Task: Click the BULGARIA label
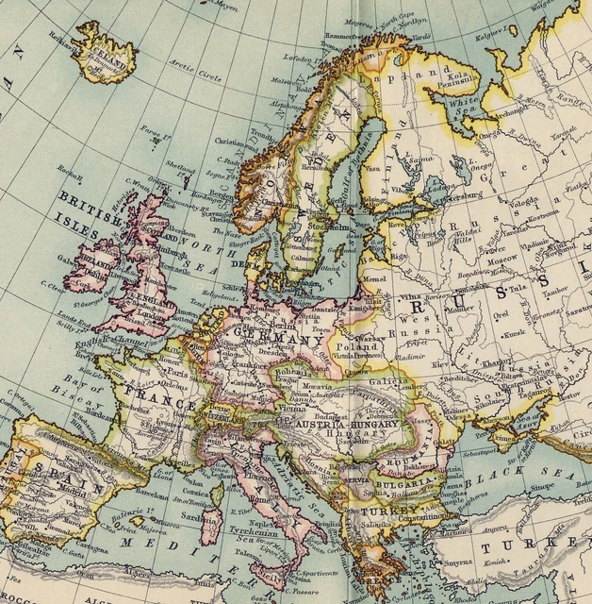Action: click(405, 479)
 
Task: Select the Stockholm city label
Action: click(327, 227)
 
